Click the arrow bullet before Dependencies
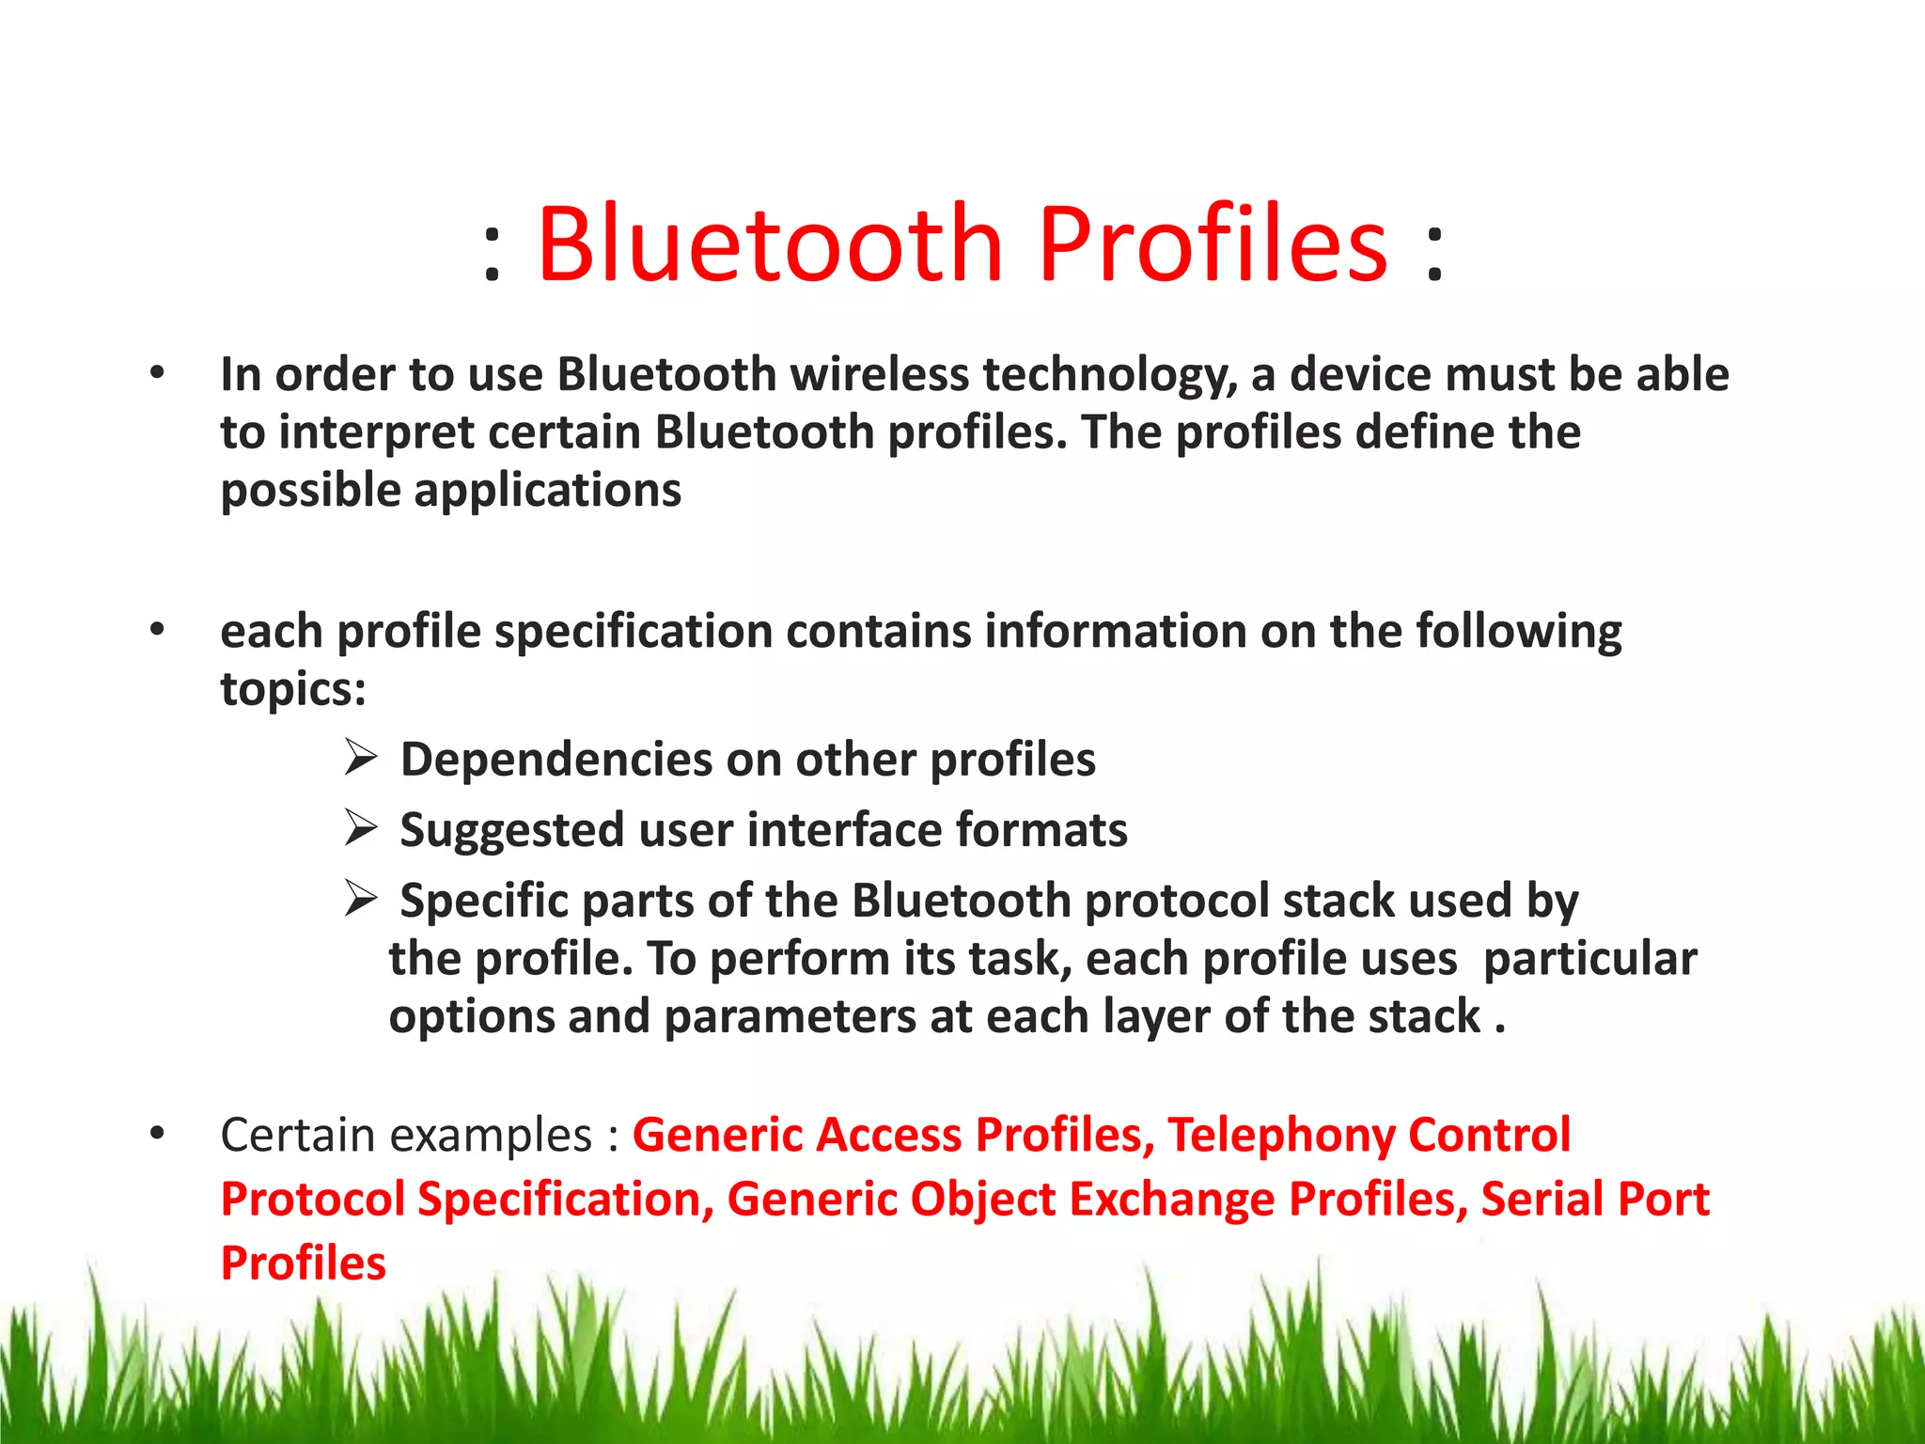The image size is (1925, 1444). click(x=360, y=757)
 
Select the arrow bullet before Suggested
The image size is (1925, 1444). click(x=360, y=827)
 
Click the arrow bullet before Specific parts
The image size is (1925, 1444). click(x=360, y=899)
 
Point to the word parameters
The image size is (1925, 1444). click(x=790, y=1017)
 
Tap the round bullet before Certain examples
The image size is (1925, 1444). click(x=157, y=1133)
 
